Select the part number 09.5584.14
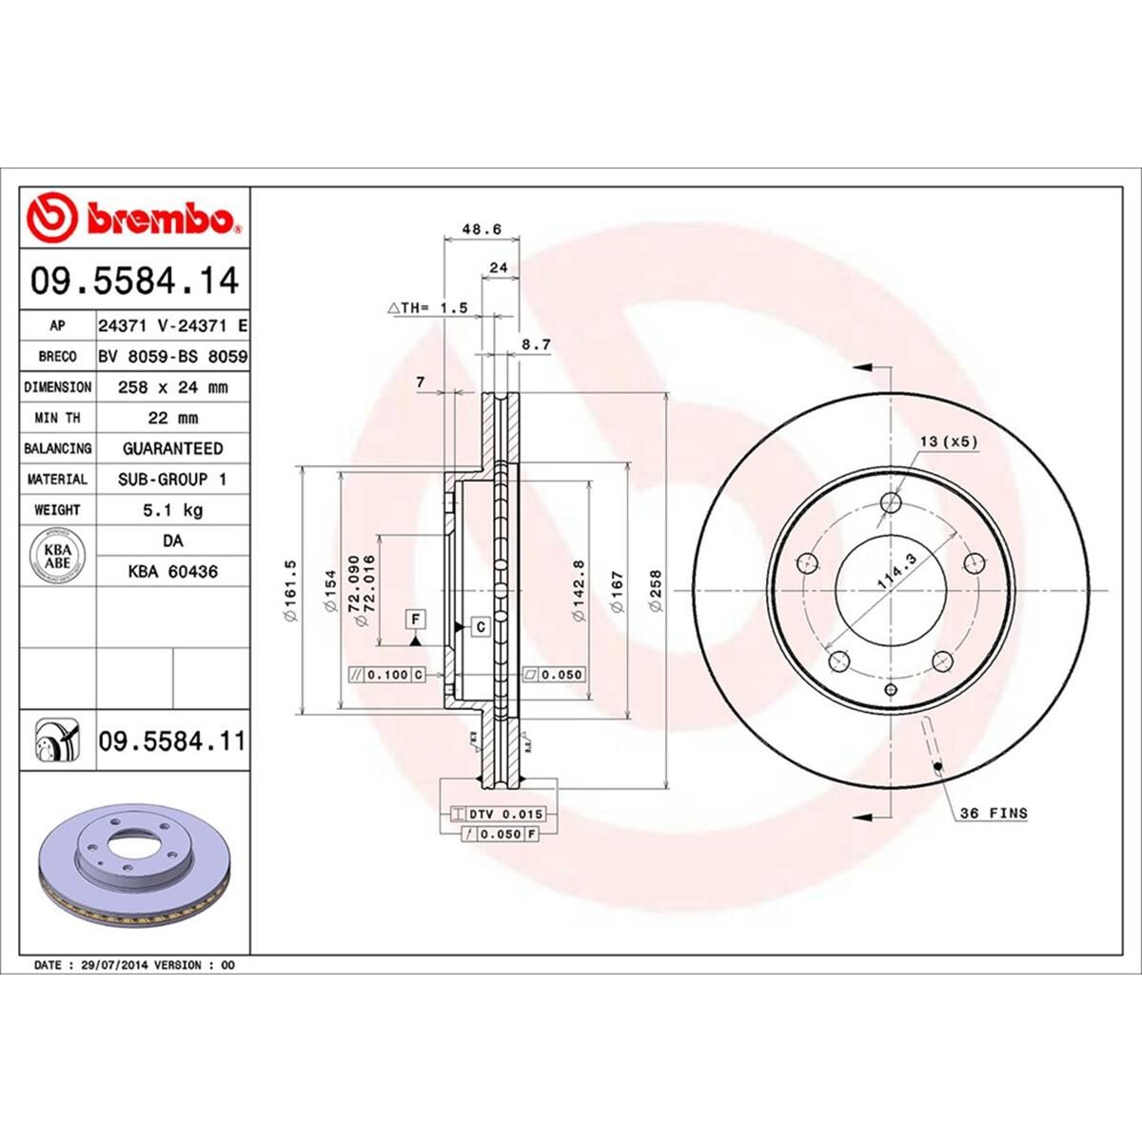pyautogui.click(x=134, y=282)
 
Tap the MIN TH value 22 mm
pyautogui.click(x=172, y=418)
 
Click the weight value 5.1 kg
pyautogui.click(x=172, y=510)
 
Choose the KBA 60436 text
pyautogui.click(x=172, y=572)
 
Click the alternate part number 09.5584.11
pyautogui.click(x=171, y=739)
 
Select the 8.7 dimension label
pyautogui.click(x=537, y=345)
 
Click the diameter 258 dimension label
pyautogui.click(x=655, y=591)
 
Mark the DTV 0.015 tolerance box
pyautogui.click(x=496, y=814)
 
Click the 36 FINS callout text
pyautogui.click(x=994, y=813)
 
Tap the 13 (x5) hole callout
pyautogui.click(x=948, y=442)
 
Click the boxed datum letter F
pyautogui.click(x=416, y=619)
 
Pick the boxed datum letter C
pyautogui.click(x=481, y=626)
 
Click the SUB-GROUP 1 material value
pyautogui.click(x=172, y=480)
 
